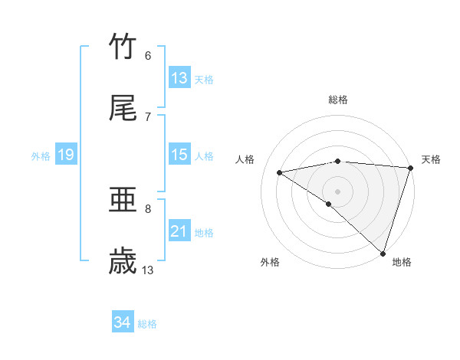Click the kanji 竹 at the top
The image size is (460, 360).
pyautogui.click(x=123, y=47)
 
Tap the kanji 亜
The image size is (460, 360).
pyautogui.click(x=123, y=201)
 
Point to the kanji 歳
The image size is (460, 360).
pyautogui.click(x=123, y=261)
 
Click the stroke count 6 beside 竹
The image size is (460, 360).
pyautogui.click(x=148, y=55)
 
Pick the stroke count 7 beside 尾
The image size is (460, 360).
pyautogui.click(x=148, y=116)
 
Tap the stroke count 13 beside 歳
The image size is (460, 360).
pyautogui.click(x=148, y=270)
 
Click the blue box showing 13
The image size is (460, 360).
pyautogui.click(x=179, y=78)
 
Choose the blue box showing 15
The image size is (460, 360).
pyautogui.click(x=179, y=155)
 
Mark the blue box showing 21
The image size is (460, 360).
pyautogui.click(x=179, y=231)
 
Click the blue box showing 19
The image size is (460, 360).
pyautogui.click(x=65, y=155)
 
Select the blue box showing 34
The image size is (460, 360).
pyautogui.click(x=122, y=322)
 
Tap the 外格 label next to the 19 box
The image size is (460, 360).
pyautogui.click(x=41, y=156)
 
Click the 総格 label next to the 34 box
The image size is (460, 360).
pyautogui.click(x=147, y=324)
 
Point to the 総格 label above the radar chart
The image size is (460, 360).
pyautogui.click(x=338, y=100)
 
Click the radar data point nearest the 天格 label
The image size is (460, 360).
pyautogui.click(x=410, y=168)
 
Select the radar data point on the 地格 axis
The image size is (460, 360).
pyautogui.click(x=383, y=253)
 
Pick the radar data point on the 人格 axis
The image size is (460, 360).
pyautogui.click(x=280, y=172)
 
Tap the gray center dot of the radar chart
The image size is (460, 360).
pyautogui.click(x=337, y=191)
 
